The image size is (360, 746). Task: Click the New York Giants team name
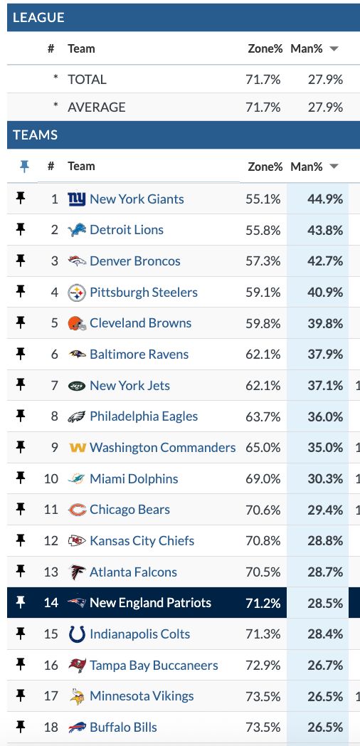click(137, 199)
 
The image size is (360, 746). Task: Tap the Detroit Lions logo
click(77, 230)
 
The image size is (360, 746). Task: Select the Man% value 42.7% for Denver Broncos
click(325, 261)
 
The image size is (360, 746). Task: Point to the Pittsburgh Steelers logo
click(77, 293)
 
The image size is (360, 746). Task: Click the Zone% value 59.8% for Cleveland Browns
click(263, 323)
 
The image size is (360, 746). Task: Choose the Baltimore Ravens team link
click(139, 354)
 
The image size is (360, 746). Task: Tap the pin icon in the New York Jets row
click(21, 384)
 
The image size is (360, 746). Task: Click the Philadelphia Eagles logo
click(77, 416)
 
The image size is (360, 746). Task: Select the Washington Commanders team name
click(163, 448)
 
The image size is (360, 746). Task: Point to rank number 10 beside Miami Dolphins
click(51, 478)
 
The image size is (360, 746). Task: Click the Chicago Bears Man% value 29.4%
click(325, 510)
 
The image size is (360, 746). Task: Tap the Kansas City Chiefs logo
click(77, 541)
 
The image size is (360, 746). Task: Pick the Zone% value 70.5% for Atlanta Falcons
click(263, 572)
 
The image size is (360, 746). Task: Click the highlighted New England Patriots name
click(150, 603)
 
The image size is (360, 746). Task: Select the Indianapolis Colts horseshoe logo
click(77, 634)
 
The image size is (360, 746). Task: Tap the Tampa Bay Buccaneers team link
click(154, 666)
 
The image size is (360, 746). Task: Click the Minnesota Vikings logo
click(77, 696)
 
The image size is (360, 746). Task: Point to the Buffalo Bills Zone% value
click(263, 727)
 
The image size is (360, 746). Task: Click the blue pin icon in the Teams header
click(23, 166)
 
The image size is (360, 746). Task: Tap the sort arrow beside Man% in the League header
click(334, 49)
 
